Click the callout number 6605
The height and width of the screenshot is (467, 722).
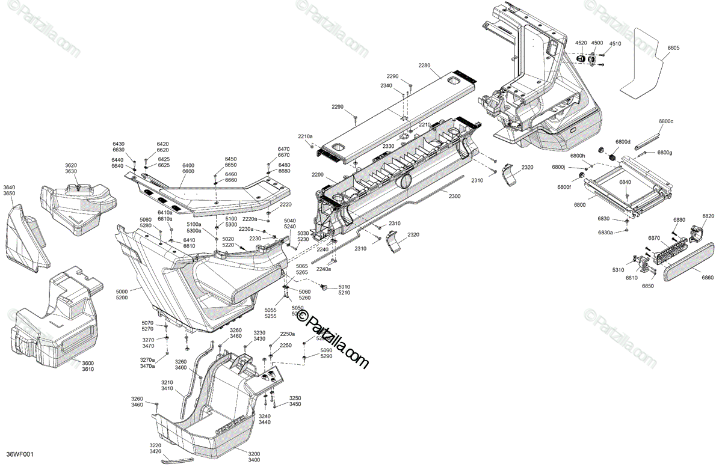click(673, 47)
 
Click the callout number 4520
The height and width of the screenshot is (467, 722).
click(581, 43)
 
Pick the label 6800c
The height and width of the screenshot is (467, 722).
click(665, 121)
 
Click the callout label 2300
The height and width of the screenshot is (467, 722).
click(455, 196)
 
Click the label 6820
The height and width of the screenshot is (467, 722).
click(708, 216)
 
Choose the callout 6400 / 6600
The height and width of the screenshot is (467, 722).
click(188, 168)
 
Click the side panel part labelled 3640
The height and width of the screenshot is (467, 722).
click(27, 237)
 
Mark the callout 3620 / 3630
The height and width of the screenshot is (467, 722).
click(72, 168)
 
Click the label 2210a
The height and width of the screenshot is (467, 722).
click(305, 137)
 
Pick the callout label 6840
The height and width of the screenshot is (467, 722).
click(626, 182)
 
